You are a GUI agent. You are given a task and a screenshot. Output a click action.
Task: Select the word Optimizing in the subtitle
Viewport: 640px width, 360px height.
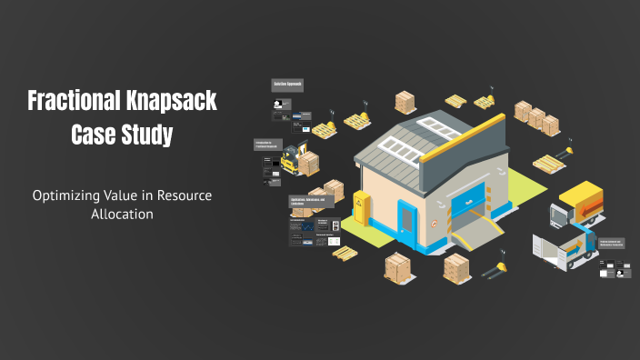[x=67, y=195]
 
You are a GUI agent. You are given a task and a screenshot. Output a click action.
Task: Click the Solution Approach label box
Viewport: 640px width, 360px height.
[x=287, y=85]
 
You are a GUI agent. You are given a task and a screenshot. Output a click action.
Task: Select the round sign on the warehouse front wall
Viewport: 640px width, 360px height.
[x=434, y=221]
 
